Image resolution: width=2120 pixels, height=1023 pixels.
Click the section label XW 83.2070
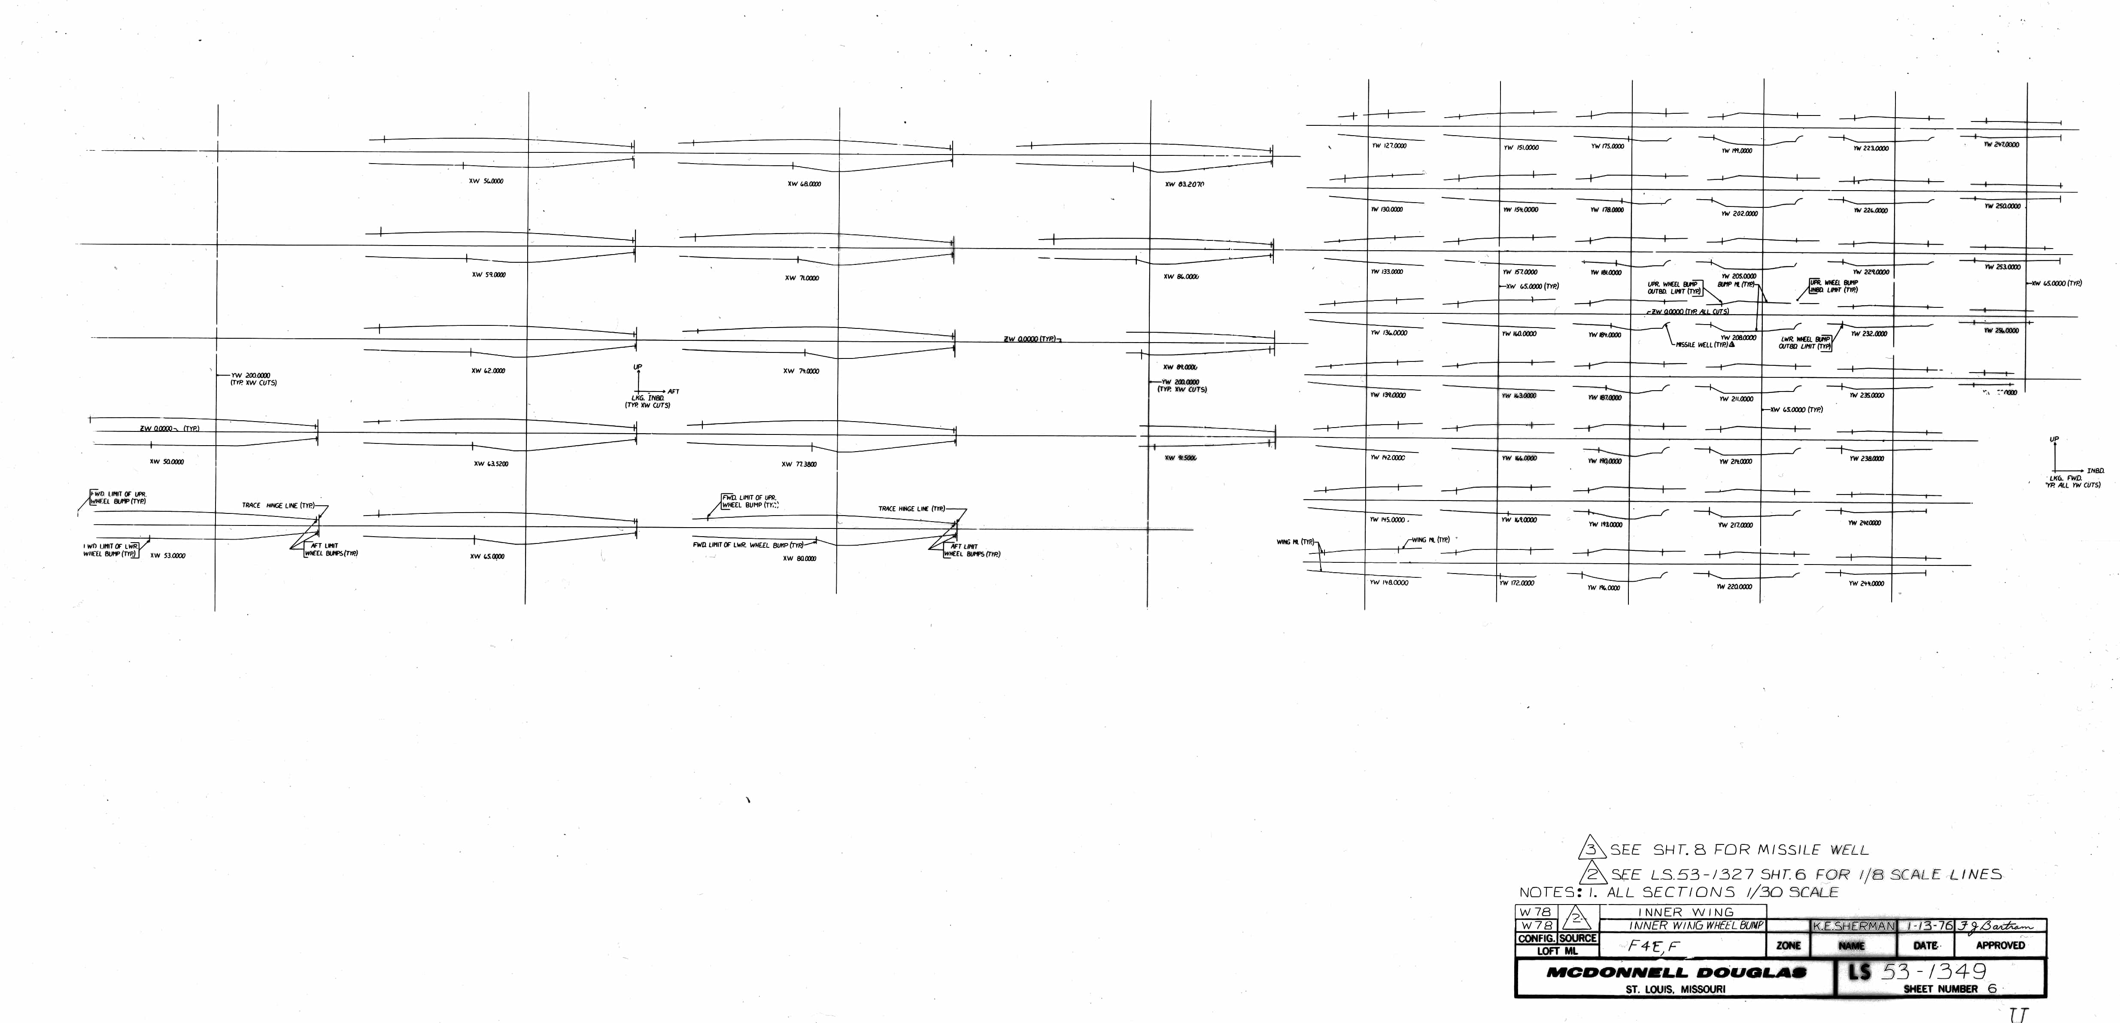1184,184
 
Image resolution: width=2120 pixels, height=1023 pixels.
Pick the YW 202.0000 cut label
1739,214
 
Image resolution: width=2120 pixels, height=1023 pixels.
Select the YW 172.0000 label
1517,583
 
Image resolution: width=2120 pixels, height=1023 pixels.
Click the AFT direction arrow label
673,392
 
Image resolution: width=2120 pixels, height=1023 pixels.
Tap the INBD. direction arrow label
2095,471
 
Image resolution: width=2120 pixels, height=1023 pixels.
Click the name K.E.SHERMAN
1853,926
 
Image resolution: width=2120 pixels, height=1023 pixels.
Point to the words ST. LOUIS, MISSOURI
1676,989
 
